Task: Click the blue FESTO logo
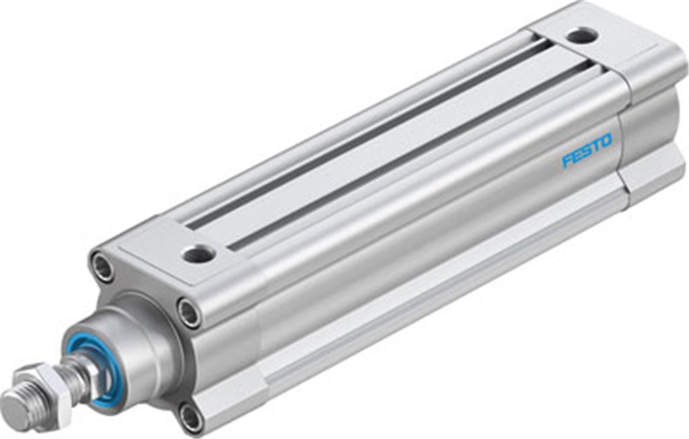click(587, 150)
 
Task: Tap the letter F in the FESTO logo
click(567, 161)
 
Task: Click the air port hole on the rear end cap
click(581, 35)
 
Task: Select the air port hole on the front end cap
click(198, 254)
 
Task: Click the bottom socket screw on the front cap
click(190, 417)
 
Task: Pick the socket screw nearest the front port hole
click(189, 313)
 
